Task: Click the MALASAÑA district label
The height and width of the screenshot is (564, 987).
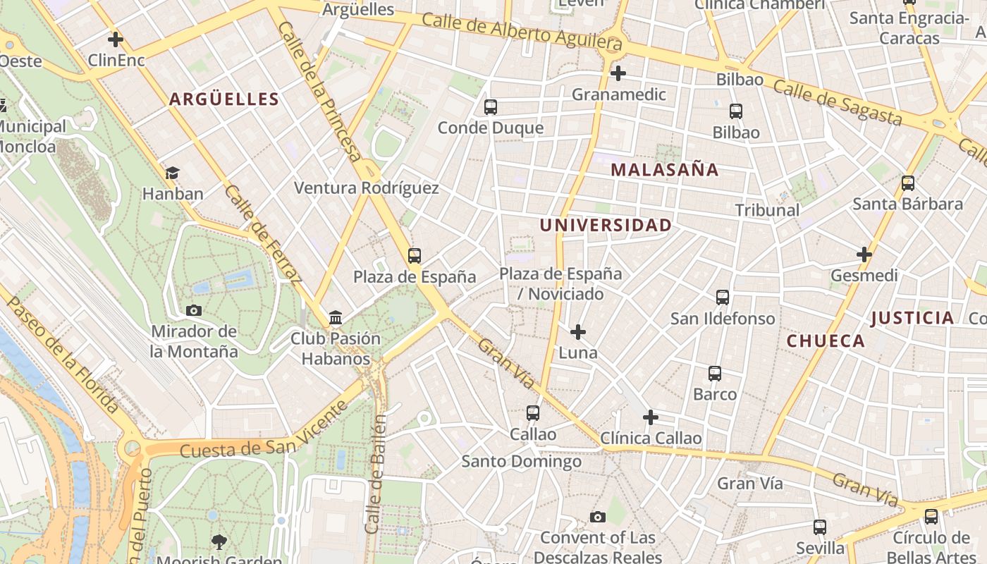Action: (x=664, y=170)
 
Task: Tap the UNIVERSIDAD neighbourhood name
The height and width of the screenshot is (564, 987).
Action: (x=605, y=226)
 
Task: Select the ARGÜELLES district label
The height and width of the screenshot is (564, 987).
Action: (x=223, y=99)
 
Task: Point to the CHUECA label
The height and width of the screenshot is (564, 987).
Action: (x=826, y=341)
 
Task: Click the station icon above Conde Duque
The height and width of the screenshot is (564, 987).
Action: (x=491, y=107)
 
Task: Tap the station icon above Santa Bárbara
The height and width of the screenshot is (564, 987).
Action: (x=908, y=183)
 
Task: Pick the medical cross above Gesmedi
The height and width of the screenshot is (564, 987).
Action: (x=864, y=254)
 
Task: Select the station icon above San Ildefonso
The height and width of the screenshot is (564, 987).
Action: (x=723, y=298)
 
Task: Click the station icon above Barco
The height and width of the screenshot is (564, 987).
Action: (x=715, y=374)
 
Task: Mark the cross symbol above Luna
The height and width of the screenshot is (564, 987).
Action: (x=578, y=331)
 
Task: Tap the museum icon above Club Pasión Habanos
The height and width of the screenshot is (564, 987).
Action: (x=336, y=318)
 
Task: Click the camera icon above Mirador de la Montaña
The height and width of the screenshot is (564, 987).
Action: (x=194, y=310)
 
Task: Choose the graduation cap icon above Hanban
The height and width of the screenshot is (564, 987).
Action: (x=173, y=173)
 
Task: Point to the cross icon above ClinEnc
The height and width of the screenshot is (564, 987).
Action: (x=116, y=39)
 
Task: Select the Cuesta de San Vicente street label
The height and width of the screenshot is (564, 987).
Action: (x=264, y=431)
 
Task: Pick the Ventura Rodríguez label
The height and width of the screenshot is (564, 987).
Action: (x=366, y=188)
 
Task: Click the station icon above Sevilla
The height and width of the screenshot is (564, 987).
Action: (x=820, y=527)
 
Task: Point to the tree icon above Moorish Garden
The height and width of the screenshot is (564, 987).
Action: (x=219, y=541)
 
